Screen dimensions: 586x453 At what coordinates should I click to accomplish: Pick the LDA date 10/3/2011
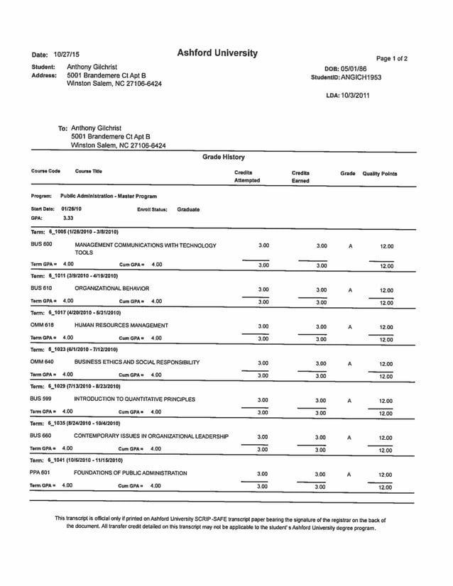coord(359,95)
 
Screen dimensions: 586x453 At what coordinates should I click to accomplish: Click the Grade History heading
coord(224,157)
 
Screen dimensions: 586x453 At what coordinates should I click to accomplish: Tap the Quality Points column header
coord(379,173)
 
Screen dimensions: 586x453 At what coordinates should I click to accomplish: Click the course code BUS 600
coord(41,245)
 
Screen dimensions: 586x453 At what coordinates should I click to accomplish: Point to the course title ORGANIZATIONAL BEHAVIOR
coord(111,289)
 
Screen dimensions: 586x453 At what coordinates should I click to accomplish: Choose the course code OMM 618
coord(42,325)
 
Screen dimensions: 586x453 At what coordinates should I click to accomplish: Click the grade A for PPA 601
coord(349,474)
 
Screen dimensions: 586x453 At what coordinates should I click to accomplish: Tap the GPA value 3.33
coord(69,219)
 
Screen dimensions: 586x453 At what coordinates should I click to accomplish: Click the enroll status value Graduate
coord(188,209)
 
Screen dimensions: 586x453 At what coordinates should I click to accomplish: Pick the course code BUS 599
coord(41,399)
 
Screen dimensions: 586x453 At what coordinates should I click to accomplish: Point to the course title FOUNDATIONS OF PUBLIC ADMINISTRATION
coord(130,472)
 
